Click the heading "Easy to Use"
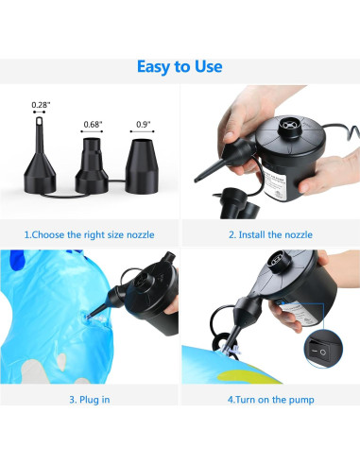[180, 67]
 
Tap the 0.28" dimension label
[41, 105]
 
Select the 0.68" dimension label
[93, 125]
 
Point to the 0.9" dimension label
[144, 125]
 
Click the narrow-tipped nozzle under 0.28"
[40, 164]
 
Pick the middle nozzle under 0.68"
[92, 167]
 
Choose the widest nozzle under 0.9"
[142, 166]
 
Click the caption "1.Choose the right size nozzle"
[90, 234]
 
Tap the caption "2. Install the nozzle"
[270, 234]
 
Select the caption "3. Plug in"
[90, 400]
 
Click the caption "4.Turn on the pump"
[271, 400]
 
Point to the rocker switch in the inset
[318, 352]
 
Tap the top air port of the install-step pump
[288, 125]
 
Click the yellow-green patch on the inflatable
[249, 376]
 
